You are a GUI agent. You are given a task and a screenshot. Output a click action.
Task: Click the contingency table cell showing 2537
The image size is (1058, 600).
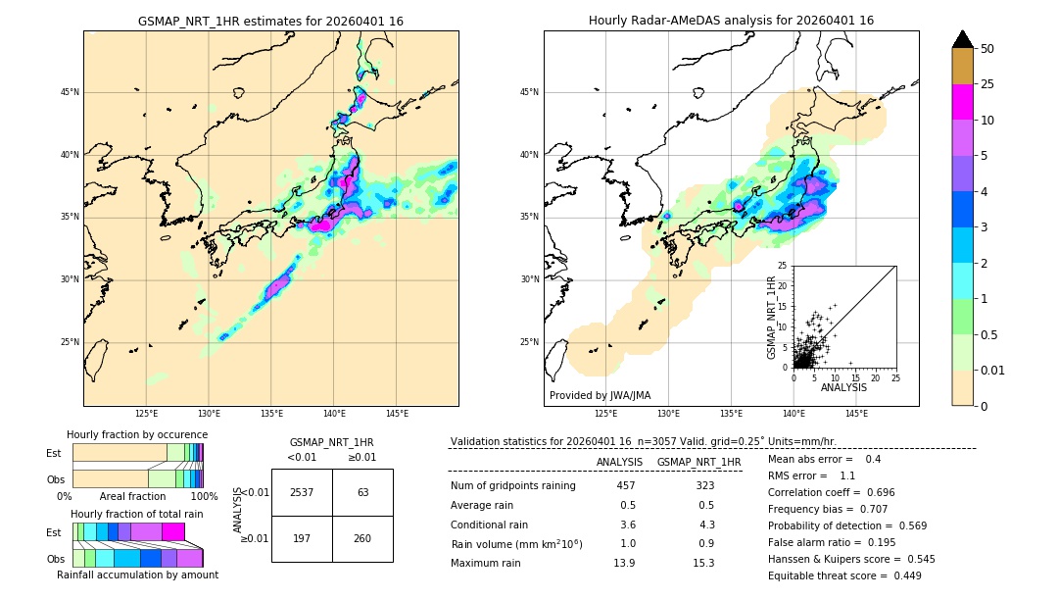click(302, 492)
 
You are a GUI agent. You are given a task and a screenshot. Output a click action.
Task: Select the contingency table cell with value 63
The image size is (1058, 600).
click(362, 492)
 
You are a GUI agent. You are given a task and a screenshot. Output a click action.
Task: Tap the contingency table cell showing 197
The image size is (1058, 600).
click(302, 538)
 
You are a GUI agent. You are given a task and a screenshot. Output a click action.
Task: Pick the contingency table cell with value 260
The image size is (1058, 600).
click(362, 538)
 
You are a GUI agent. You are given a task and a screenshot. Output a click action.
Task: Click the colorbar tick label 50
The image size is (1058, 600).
click(987, 49)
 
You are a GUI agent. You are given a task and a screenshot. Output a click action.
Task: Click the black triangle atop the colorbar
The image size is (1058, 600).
click(963, 39)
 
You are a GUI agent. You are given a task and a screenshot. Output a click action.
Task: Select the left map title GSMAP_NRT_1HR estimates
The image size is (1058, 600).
click(270, 21)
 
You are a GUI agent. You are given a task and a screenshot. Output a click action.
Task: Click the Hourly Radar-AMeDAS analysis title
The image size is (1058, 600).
click(731, 21)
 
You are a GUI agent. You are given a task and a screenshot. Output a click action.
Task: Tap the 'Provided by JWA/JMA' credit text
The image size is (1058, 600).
click(600, 396)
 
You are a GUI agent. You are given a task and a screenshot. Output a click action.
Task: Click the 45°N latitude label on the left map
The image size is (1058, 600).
click(70, 92)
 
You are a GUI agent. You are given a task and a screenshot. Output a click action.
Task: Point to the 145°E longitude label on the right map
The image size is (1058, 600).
click(856, 414)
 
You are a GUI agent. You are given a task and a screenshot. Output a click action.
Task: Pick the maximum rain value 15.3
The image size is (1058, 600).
click(704, 563)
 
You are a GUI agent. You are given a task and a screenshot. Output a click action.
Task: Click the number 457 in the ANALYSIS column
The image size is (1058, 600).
click(626, 486)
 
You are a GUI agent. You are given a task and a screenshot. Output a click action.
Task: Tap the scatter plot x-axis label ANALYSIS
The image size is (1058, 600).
click(843, 387)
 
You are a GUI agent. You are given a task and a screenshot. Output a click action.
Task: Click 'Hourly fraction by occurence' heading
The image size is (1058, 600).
click(137, 434)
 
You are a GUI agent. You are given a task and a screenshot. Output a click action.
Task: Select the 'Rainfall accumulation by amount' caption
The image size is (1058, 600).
click(137, 575)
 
